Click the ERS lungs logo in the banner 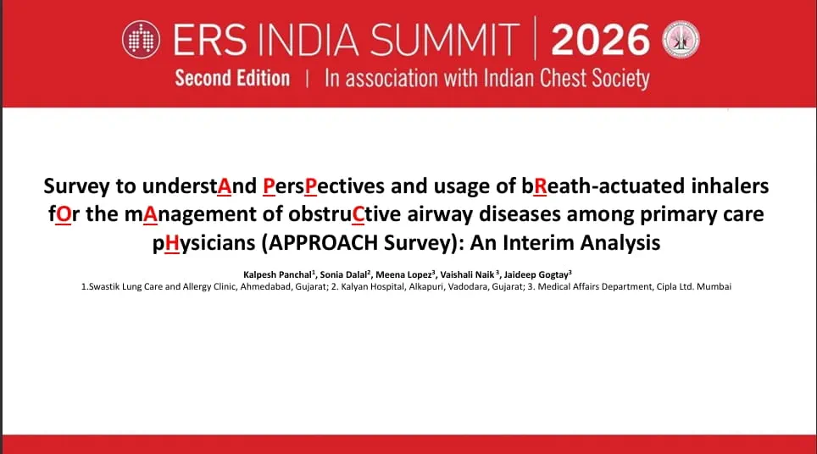point(141,40)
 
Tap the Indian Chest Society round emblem point(681,40)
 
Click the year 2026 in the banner point(600,40)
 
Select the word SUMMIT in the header point(444,40)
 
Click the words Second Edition point(232,78)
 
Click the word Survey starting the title point(76,186)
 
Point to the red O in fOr point(63,214)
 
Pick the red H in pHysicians point(171,243)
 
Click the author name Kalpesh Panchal point(277,275)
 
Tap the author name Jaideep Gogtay point(536,275)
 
